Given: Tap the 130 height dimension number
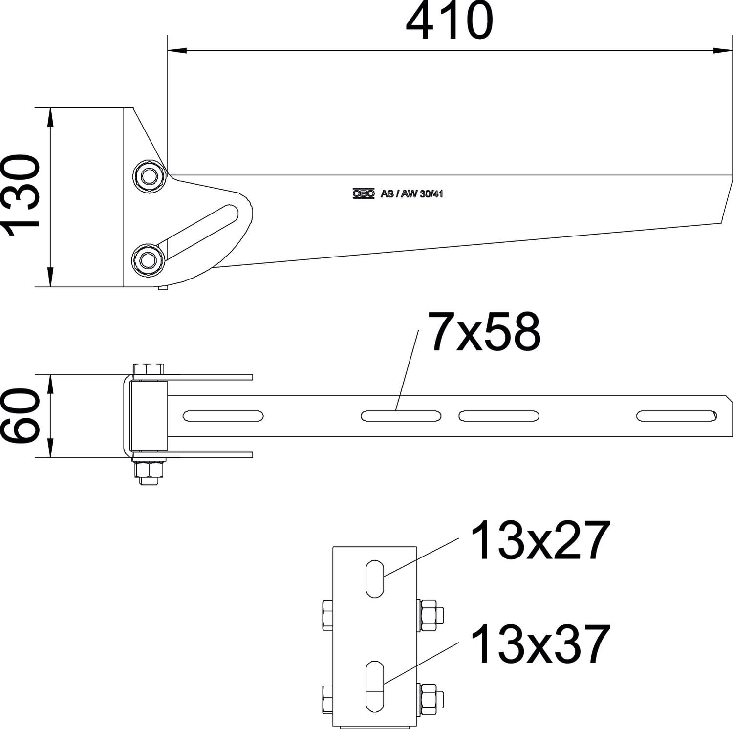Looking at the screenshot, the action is (x=21, y=195).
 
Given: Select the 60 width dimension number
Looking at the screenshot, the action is (x=21, y=416).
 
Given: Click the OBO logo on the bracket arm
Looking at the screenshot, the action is (x=364, y=194).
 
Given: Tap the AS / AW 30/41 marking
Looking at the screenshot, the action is (x=411, y=194).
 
